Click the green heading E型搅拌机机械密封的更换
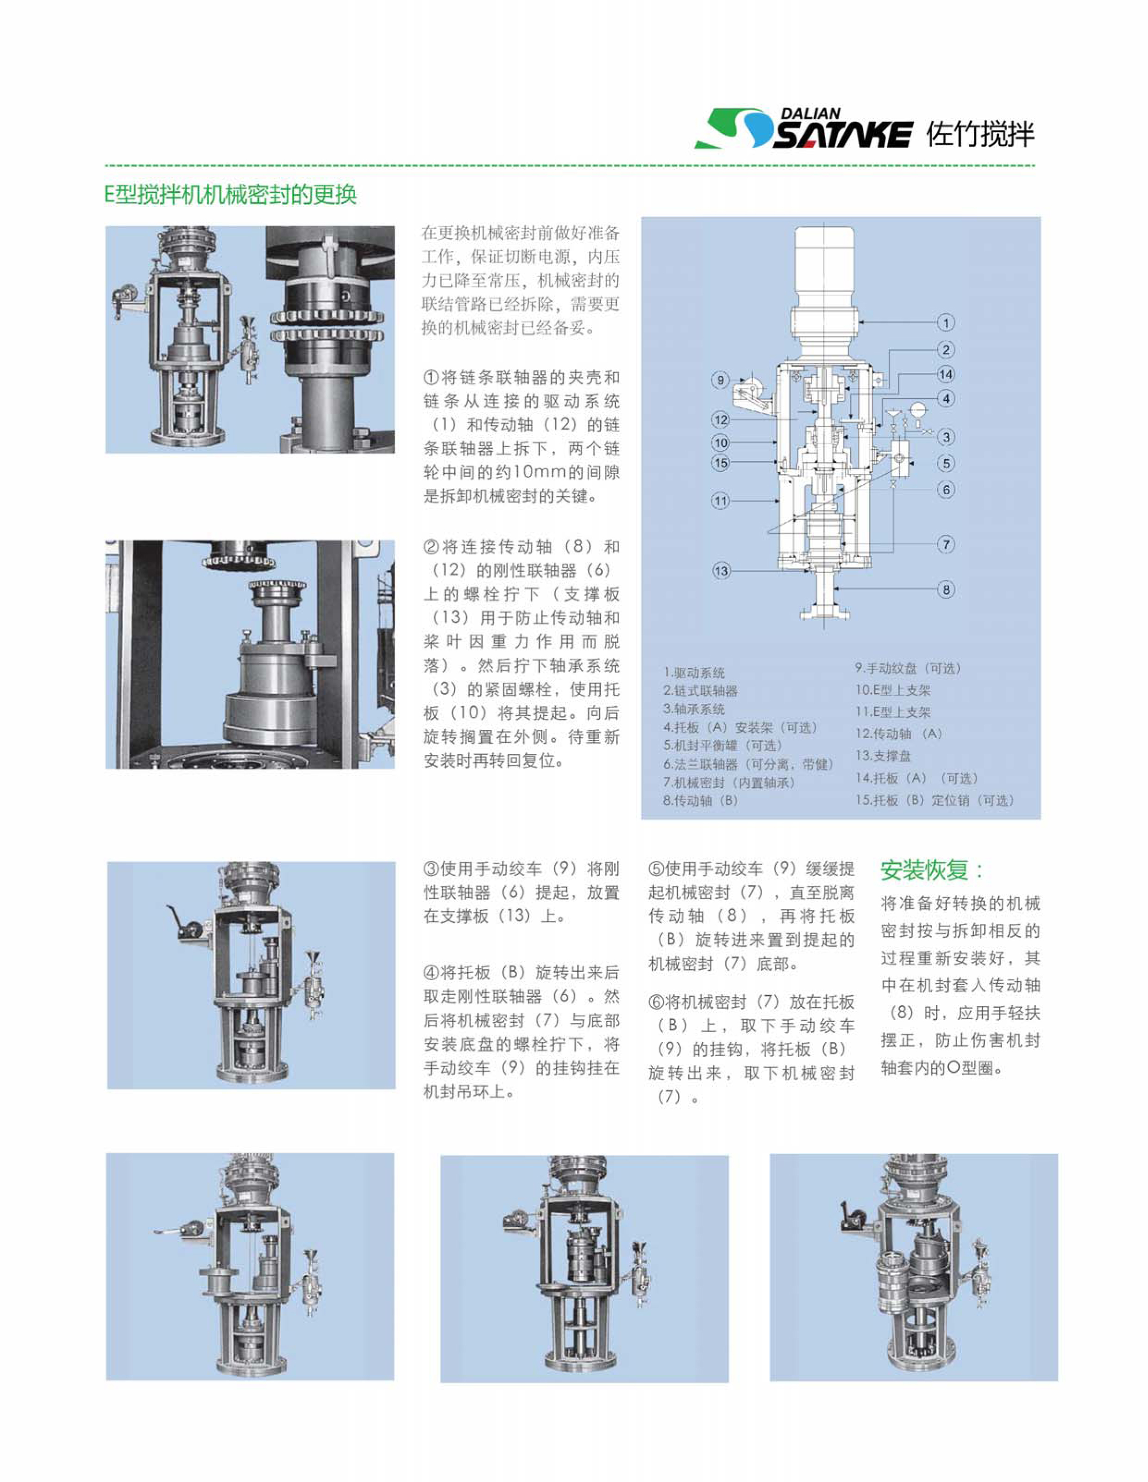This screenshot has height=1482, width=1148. click(x=231, y=195)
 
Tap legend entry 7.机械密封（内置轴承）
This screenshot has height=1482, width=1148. click(x=728, y=782)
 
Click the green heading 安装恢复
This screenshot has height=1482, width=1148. click(x=931, y=870)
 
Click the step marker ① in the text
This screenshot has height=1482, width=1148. click(x=431, y=377)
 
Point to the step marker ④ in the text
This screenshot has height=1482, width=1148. click(x=431, y=973)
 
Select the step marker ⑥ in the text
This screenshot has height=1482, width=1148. click(x=656, y=1002)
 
